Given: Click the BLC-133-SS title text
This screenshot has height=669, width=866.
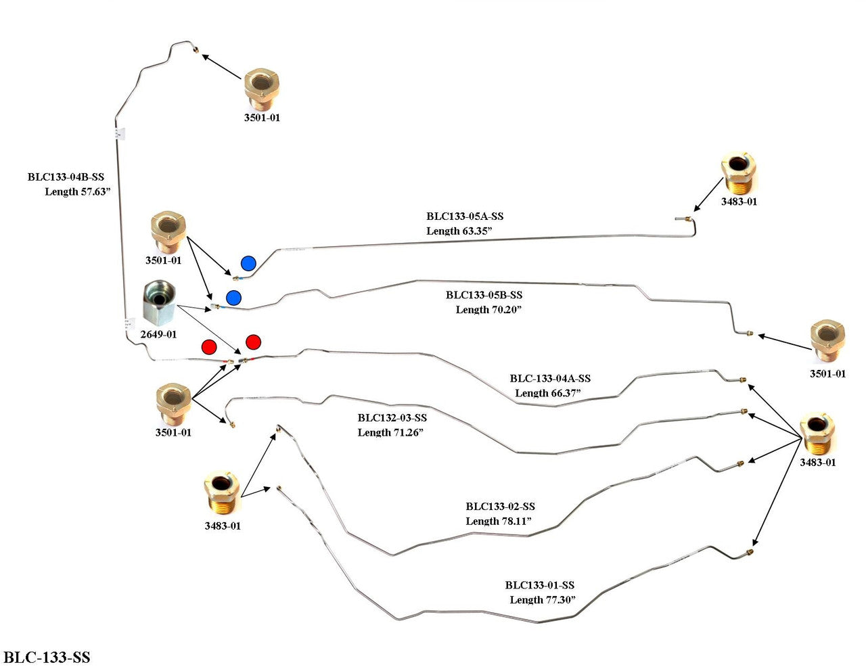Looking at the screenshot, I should [47, 657].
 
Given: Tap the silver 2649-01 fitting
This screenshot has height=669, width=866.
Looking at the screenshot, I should [159, 304].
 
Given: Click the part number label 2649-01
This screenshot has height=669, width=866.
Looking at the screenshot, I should [158, 334].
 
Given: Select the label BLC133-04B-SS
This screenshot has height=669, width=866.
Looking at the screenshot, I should [66, 177].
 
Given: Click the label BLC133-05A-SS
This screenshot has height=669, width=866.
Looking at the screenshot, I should [465, 216].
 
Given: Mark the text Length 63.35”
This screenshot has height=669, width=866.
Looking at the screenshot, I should [459, 231].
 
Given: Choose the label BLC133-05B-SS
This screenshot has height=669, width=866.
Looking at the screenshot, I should [484, 295].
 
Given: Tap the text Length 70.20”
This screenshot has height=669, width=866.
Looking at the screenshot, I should [489, 309].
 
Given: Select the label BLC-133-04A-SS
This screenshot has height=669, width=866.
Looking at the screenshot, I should [550, 378].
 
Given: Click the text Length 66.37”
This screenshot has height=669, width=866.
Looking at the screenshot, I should [548, 393].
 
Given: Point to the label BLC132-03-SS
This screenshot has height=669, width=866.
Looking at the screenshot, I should [392, 417].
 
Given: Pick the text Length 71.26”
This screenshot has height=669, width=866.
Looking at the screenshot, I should [390, 432].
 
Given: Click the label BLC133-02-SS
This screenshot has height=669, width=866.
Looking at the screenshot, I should [500, 506].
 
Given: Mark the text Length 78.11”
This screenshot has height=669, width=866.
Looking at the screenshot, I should [499, 521].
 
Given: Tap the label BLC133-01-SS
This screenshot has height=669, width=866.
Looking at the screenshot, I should [539, 585].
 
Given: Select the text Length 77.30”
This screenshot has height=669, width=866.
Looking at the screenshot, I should [543, 600].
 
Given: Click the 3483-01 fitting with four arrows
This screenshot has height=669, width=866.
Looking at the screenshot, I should [817, 433].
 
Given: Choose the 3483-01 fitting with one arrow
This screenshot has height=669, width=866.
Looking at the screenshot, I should [737, 172].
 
